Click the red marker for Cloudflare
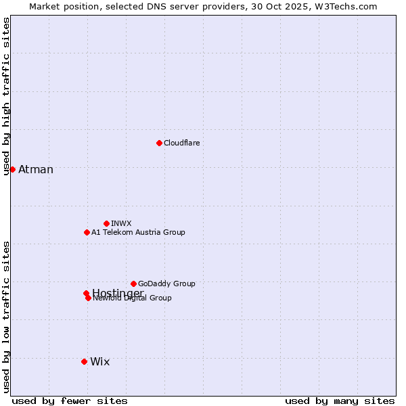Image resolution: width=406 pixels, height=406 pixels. [x=159, y=143]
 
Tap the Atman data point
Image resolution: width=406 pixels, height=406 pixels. [x=12, y=169]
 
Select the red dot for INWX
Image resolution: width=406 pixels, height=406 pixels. [x=106, y=223]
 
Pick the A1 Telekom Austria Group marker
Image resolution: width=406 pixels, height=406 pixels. [x=87, y=232]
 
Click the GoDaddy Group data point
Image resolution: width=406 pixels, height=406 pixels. [x=133, y=284]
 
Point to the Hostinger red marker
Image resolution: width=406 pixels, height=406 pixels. [x=86, y=293]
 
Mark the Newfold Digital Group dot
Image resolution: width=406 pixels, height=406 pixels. [x=88, y=298]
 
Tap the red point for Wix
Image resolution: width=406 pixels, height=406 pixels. [x=84, y=361]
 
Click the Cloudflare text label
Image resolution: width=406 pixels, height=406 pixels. [x=181, y=143]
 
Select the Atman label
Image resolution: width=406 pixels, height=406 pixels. [x=36, y=169]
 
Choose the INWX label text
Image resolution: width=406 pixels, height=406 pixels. [x=121, y=223]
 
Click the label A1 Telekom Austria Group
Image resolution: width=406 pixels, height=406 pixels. [x=138, y=232]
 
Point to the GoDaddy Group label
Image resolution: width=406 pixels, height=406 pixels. [x=166, y=284]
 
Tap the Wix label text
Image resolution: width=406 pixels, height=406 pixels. [x=99, y=361]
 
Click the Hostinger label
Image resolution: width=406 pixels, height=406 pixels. [x=118, y=292]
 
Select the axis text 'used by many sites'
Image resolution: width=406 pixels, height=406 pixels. [x=340, y=401]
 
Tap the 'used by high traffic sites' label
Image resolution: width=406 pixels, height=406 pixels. [x=6, y=97]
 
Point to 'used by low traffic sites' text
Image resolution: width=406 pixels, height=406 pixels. [x=6, y=317]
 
